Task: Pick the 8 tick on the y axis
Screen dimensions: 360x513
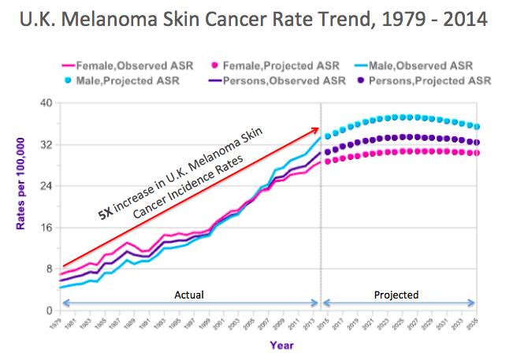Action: [49, 269]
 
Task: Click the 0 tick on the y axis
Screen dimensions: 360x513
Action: [49, 310]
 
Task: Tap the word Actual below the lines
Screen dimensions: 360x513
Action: [188, 295]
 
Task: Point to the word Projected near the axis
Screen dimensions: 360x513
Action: [399, 295]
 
